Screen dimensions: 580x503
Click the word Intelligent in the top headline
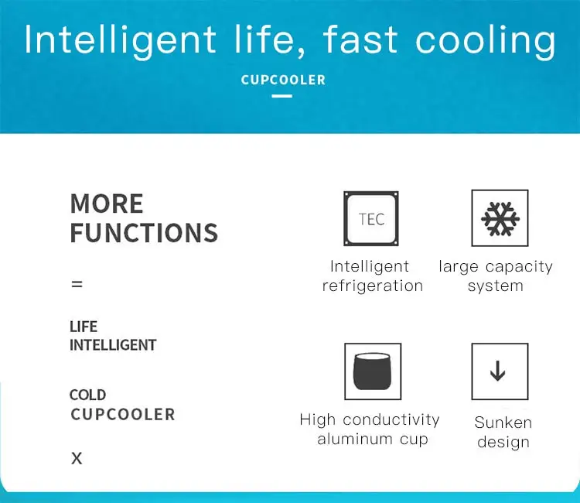coord(120,41)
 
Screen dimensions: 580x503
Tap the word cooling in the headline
coord(486,41)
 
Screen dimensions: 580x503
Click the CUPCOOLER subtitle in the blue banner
coord(283,80)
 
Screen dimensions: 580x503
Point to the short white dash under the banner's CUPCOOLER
coord(281,96)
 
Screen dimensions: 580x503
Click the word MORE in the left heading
coord(107,204)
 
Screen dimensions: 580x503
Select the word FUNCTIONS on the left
coord(144,233)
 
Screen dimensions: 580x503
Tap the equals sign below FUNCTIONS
coord(77,284)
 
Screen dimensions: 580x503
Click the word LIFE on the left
coord(84,327)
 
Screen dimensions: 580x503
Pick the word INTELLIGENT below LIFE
coord(113,345)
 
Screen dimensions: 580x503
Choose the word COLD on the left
coord(87,395)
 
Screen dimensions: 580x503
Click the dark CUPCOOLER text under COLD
coord(123,415)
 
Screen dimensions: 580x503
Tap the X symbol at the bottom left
coord(77,459)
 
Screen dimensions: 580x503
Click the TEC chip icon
coord(371,219)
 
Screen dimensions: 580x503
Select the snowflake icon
coord(500,218)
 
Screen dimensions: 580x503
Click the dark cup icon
coord(373,371)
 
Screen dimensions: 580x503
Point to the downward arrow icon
coord(498,371)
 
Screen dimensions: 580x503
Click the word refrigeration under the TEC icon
coord(373,286)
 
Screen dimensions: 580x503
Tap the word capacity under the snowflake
coord(519,267)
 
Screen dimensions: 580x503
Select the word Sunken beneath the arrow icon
coord(503,423)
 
